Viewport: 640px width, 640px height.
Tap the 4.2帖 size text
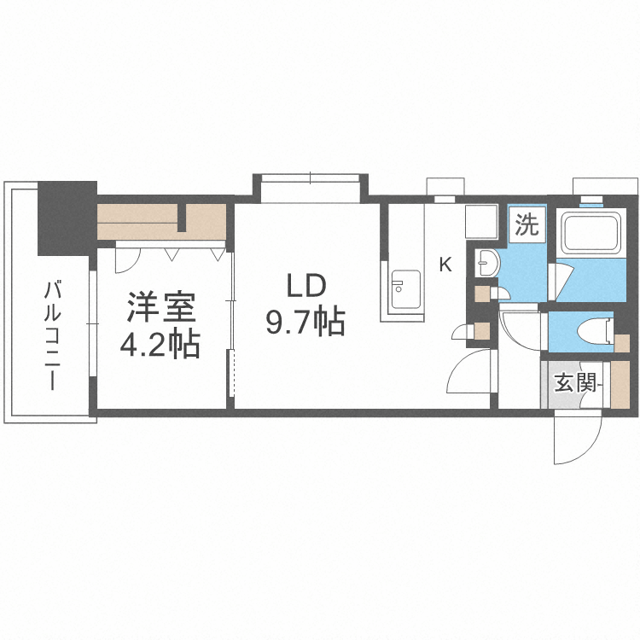coord(160,344)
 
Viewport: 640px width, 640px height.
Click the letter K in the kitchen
coord(445,265)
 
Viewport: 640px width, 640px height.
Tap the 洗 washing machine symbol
coord(527,226)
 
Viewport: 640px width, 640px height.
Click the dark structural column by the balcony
coord(66,218)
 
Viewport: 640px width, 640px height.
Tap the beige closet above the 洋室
coord(161,221)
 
